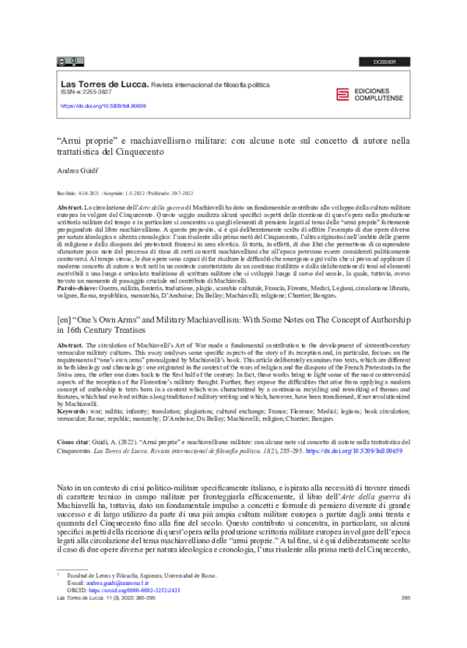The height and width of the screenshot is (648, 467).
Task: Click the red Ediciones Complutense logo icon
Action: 342,95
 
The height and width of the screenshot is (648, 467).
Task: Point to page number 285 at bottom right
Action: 405,619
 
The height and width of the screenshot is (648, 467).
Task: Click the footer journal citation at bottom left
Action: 99,619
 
